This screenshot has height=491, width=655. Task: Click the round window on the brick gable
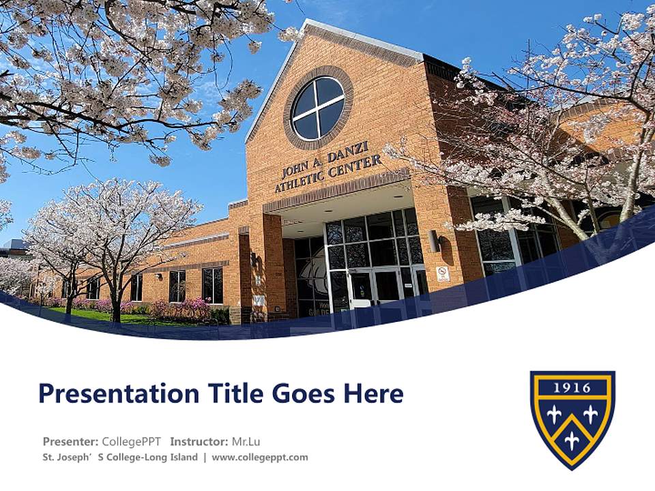coord(319,108)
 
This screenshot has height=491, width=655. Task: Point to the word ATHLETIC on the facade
coord(299,180)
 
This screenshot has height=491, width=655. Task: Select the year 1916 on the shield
coord(572,388)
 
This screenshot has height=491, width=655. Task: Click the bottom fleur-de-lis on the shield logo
coord(572,440)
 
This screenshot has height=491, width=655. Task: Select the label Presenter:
coord(70,441)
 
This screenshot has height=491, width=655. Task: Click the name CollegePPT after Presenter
coord(132,441)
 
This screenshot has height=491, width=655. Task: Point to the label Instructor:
coord(199,441)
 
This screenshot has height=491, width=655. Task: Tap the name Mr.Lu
coord(246,441)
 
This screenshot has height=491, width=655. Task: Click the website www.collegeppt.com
coord(260,457)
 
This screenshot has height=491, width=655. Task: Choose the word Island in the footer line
coord(184,457)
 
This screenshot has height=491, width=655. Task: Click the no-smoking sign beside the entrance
coord(443,274)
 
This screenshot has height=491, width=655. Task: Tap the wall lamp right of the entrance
coord(434,241)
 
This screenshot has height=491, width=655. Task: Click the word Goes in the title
coord(303,393)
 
